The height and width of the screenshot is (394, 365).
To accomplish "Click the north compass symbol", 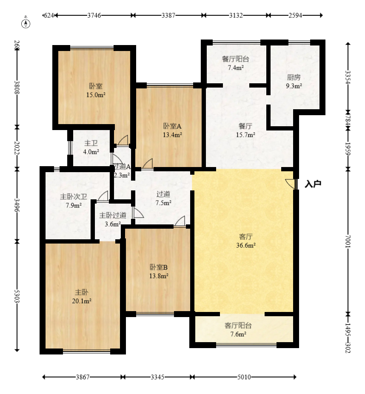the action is (26, 23).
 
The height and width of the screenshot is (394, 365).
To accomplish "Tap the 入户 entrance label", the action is (313, 184).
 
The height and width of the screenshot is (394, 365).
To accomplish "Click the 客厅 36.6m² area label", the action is (246, 241).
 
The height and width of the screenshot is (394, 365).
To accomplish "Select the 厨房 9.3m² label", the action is (294, 82).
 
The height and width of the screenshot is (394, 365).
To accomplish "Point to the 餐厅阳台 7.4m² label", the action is (235, 63).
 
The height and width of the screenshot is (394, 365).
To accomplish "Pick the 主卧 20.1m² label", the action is (82, 297).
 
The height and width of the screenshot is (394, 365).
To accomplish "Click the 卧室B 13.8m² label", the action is (159, 272).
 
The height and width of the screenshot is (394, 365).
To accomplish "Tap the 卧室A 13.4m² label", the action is (172, 130).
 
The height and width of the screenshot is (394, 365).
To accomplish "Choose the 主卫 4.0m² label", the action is (91, 147).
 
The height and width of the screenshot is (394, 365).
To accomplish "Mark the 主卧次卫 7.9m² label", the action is (74, 201).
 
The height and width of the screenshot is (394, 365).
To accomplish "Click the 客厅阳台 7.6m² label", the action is (238, 330).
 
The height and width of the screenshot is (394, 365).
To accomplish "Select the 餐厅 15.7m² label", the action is (245, 130).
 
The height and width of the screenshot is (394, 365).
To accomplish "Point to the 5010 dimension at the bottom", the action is (244, 377).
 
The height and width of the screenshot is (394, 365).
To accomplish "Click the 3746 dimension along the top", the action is (94, 15).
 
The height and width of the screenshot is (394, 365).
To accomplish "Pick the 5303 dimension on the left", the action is (17, 296).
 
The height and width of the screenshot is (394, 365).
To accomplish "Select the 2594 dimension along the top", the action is (295, 15).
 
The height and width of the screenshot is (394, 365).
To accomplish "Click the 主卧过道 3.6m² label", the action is (113, 220).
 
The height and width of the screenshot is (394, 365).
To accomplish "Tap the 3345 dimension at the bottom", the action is (157, 377).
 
